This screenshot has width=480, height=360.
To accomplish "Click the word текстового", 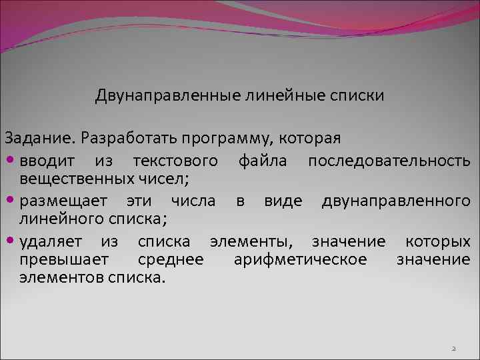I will point(175,161).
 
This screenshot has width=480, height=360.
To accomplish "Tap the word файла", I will point(262,161).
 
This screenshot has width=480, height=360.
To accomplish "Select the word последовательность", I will point(389,161).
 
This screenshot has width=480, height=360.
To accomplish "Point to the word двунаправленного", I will point(396,201).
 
